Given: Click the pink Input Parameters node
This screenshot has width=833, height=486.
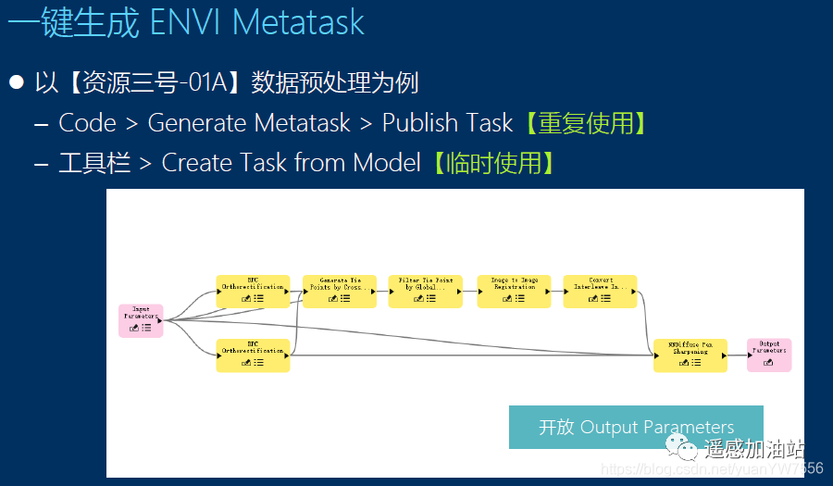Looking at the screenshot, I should tap(141, 320).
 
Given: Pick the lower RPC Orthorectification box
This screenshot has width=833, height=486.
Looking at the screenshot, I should tap(253, 355).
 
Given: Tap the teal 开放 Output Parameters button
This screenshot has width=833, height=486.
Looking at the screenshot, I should tap(636, 427).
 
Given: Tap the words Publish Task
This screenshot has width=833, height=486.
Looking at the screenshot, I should tap(447, 123).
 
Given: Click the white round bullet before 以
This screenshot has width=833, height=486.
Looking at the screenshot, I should tap(16, 82).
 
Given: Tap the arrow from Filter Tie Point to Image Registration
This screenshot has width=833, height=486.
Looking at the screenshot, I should tap(469, 292).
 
